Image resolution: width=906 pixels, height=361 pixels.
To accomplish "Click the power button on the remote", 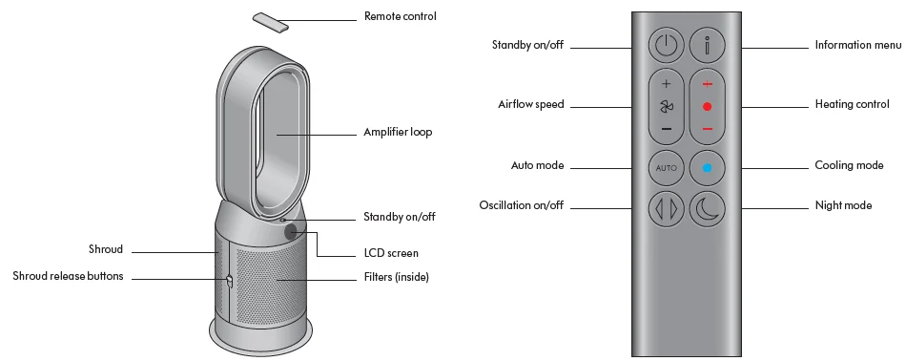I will tap(666, 45).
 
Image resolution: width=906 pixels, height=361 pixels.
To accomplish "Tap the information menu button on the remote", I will tap(707, 45).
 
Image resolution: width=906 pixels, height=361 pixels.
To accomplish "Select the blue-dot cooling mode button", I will tap(707, 166).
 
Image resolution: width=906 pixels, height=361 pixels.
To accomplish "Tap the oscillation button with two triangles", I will tap(666, 206).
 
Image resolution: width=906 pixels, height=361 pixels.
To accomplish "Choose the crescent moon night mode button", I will tap(707, 206).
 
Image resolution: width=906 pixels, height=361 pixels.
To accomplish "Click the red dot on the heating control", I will tap(707, 105).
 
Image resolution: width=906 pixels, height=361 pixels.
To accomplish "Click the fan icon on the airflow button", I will tap(666, 106).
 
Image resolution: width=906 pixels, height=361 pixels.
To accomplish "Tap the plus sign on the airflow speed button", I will tap(666, 83).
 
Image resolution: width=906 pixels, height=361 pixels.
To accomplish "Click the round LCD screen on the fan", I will tap(291, 231).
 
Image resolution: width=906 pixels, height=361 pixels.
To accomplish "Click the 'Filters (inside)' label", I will tap(397, 278).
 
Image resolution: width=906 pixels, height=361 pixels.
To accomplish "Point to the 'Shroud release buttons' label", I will tap(68, 277).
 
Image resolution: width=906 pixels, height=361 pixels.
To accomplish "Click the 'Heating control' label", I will tap(852, 104).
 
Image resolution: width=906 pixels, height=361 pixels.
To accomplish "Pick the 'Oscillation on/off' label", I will tap(521, 205).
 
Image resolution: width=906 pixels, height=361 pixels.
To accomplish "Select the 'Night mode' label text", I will tap(843, 205).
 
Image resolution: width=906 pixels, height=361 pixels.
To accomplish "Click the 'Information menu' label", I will tap(857, 45).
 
